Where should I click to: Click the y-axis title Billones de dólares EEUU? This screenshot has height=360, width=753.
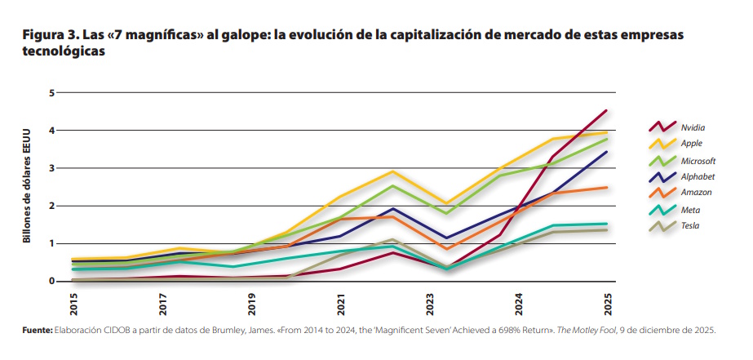pyautogui.click(x=26, y=187)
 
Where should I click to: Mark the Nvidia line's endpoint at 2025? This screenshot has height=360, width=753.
pyautogui.click(x=605, y=110)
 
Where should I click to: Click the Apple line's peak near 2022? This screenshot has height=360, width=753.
pyautogui.click(x=393, y=171)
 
